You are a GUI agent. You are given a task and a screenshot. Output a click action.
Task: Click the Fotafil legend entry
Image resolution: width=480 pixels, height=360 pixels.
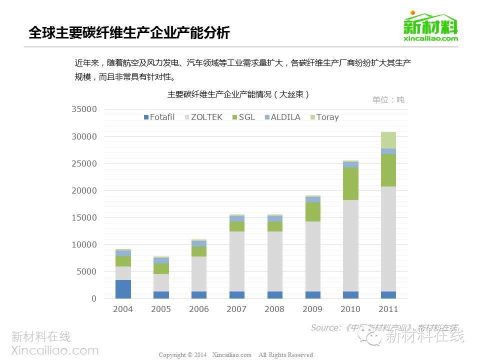point(159,117)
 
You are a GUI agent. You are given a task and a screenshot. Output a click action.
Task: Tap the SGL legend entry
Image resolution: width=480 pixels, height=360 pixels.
point(243,117)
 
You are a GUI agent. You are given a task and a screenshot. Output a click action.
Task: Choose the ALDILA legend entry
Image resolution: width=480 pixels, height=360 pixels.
point(282,117)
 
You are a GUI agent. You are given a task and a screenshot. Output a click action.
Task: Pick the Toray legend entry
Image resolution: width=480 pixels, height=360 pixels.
point(324,117)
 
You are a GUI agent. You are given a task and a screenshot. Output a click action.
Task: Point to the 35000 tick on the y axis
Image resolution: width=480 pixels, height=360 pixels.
point(85,109)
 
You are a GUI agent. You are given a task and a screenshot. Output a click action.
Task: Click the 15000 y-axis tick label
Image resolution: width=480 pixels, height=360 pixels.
point(85,217)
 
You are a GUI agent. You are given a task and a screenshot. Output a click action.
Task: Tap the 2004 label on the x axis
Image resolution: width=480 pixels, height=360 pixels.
point(123,309)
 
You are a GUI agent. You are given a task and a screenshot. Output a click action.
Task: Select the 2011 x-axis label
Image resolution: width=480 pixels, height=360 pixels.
point(388,309)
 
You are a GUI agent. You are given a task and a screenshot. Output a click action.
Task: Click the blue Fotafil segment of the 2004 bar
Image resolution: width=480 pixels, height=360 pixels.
point(123,289)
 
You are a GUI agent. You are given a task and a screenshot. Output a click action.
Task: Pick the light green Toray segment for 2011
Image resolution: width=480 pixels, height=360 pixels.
point(388,140)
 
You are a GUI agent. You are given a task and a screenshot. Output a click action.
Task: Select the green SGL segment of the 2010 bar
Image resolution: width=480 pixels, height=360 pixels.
point(350,183)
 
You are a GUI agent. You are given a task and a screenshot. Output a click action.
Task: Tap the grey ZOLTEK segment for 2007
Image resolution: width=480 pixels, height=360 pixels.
point(236,261)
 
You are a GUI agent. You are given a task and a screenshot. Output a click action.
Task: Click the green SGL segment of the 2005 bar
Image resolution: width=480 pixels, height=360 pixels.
point(161,268)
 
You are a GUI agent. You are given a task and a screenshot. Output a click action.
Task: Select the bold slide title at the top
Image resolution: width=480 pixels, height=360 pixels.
point(129,33)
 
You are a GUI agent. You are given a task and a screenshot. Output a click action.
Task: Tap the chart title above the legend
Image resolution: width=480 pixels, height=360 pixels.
point(238,94)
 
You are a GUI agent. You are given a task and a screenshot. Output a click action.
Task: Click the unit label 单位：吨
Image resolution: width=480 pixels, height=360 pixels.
point(388,99)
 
